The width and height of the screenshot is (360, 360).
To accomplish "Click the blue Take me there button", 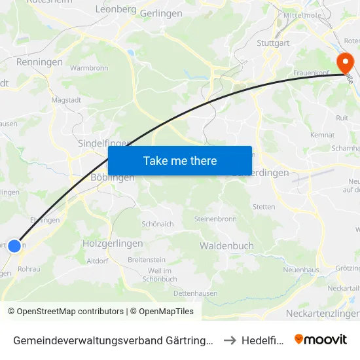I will pyautogui.click(x=180, y=160).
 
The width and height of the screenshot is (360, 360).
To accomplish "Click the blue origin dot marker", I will pyautogui.click(x=14, y=246).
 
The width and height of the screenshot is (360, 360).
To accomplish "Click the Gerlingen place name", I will pyautogui.click(x=161, y=13).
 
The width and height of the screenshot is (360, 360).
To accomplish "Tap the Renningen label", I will pyautogui.click(x=41, y=63).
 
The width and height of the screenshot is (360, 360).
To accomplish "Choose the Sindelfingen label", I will pyautogui.click(x=105, y=143).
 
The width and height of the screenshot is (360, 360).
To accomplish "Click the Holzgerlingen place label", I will pyautogui.click(x=113, y=243).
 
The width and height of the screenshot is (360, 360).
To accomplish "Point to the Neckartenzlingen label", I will pyautogui.click(x=323, y=314).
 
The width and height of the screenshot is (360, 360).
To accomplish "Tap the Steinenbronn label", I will pyautogui.click(x=215, y=219).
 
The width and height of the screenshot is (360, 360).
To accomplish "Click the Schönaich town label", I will pyautogui.click(x=158, y=224).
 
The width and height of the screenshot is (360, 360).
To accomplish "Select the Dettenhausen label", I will pyautogui.click(x=195, y=293).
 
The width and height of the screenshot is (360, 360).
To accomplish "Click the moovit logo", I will pyautogui.click(x=320, y=339).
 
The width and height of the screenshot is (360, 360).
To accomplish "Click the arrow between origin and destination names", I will pyautogui.click(x=229, y=340).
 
